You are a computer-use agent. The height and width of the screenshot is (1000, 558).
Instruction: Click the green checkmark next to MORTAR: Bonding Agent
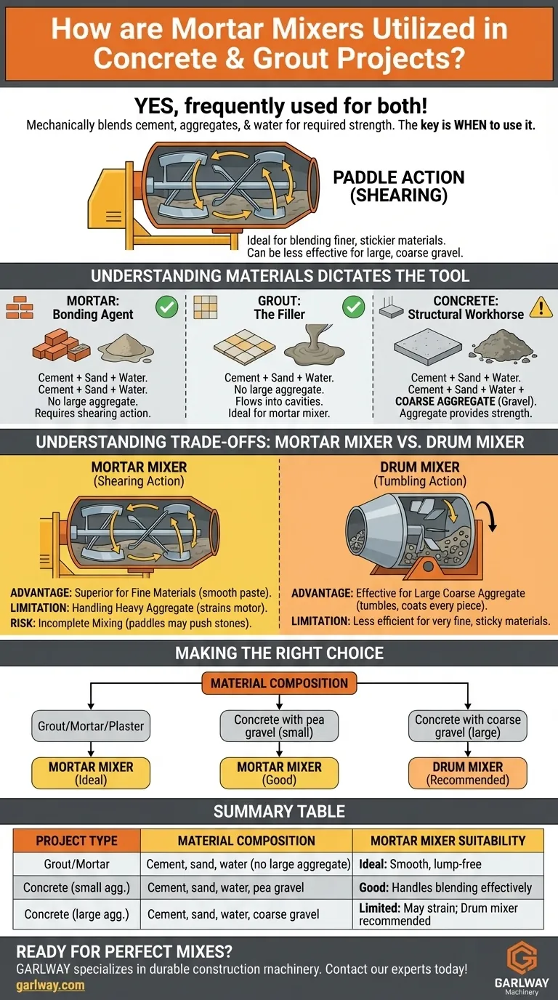pyautogui.click(x=167, y=308)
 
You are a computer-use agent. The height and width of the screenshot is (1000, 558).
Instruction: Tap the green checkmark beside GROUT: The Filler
pyautogui.click(x=354, y=308)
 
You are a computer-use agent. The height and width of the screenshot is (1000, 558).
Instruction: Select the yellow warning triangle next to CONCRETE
pyautogui.click(x=541, y=308)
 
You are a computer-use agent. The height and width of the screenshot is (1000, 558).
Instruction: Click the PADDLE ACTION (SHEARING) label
pyautogui.click(x=398, y=187)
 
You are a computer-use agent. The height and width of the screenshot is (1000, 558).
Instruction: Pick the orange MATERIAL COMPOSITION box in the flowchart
pyautogui.click(x=280, y=683)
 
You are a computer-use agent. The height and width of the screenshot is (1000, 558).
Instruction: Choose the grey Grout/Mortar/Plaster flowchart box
pyautogui.click(x=91, y=725)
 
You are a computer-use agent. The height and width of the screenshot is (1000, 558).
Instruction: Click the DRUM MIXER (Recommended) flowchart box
pyautogui.click(x=468, y=773)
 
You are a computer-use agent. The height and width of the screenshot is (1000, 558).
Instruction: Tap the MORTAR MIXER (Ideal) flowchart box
pyautogui.click(x=91, y=773)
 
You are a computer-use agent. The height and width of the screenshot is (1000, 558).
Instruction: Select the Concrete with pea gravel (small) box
pyautogui.click(x=279, y=725)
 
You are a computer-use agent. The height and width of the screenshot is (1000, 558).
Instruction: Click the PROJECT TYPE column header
pyautogui.click(x=76, y=841)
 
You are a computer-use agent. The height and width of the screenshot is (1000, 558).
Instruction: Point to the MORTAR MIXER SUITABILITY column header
pyautogui.click(x=448, y=841)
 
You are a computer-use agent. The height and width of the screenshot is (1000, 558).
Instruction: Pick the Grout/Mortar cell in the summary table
pyautogui.click(x=76, y=864)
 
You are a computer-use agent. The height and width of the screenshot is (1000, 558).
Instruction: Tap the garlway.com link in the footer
pyautogui.click(x=50, y=985)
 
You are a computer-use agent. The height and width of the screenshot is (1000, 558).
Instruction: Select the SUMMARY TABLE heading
pyautogui.click(x=279, y=811)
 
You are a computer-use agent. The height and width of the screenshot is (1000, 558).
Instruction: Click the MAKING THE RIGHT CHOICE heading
pyautogui.click(x=279, y=653)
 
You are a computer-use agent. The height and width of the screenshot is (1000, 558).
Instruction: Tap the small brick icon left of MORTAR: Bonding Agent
pyautogui.click(x=20, y=309)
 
